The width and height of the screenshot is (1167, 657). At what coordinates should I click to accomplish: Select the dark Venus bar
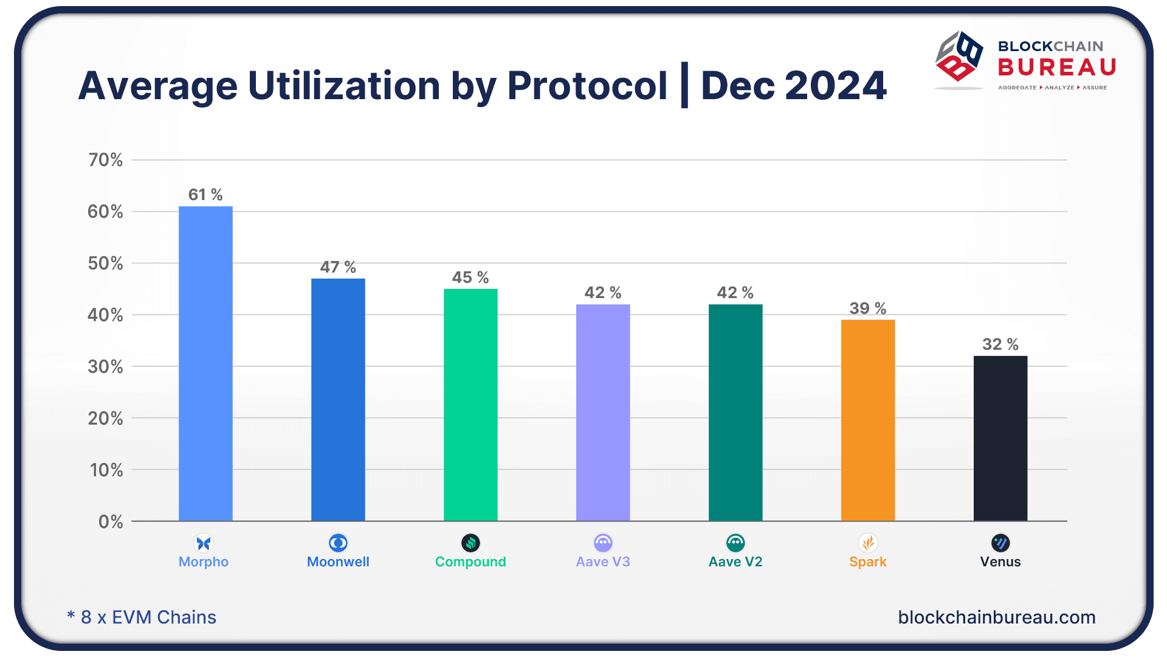pyautogui.click(x=1000, y=438)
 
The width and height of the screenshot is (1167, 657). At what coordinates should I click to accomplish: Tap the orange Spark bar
pyautogui.click(x=867, y=420)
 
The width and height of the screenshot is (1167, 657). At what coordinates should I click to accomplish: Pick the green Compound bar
pyautogui.click(x=470, y=405)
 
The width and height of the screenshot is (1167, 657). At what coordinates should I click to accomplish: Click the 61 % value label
pyautogui.click(x=205, y=195)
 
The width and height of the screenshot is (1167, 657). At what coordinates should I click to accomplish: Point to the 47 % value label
pyautogui.click(x=338, y=267)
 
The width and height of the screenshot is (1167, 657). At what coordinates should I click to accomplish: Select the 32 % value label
pyautogui.click(x=1000, y=344)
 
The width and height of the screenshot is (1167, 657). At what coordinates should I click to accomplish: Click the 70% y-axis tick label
pyautogui.click(x=106, y=160)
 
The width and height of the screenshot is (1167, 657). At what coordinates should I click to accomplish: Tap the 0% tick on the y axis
pyautogui.click(x=111, y=522)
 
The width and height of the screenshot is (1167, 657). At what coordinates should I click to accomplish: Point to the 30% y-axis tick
pyautogui.click(x=106, y=367)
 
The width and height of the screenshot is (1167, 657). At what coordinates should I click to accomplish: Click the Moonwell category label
pyautogui.click(x=338, y=561)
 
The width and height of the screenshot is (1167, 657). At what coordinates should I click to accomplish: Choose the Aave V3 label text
pyautogui.click(x=603, y=561)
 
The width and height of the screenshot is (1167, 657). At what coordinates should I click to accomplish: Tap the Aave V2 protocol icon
pyautogui.click(x=735, y=543)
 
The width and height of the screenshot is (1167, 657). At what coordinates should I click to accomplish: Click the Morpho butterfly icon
pyautogui.click(x=204, y=543)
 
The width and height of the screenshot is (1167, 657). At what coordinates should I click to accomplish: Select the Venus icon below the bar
pyautogui.click(x=1000, y=543)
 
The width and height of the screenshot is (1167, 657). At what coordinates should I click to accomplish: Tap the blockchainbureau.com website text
pyautogui.click(x=997, y=617)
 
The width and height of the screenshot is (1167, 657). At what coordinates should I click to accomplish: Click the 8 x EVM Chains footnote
pyautogui.click(x=142, y=617)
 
